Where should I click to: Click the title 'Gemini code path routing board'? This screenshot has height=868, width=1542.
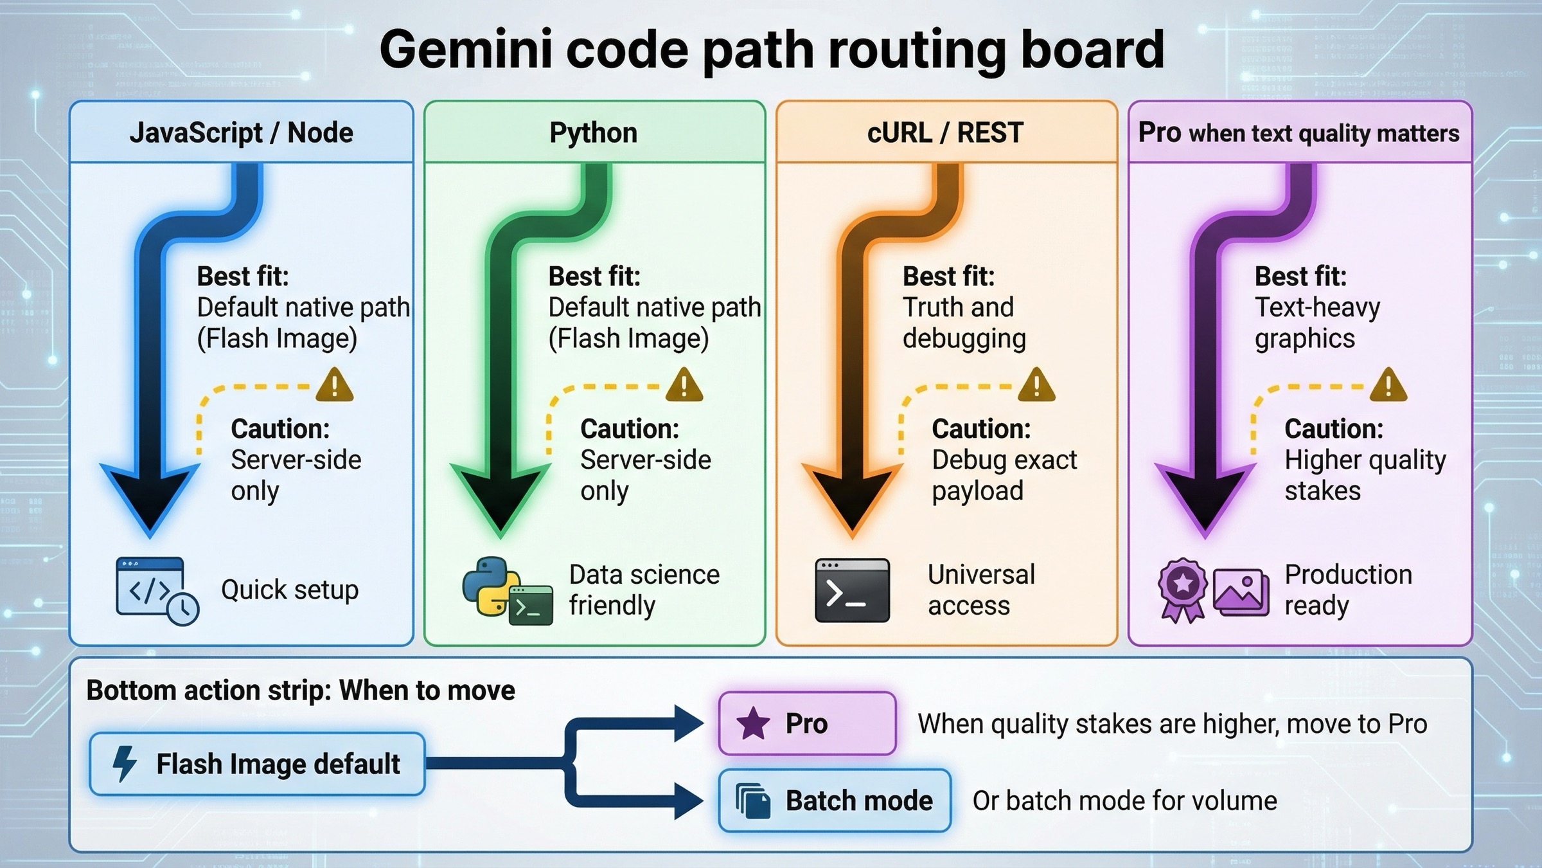tap(771, 50)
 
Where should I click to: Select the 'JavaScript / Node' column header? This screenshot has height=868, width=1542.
tap(241, 133)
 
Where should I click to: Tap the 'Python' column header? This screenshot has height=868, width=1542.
tap(593, 133)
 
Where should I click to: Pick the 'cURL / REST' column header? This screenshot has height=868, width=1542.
tap(945, 133)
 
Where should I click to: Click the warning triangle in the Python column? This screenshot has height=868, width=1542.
tap(684, 386)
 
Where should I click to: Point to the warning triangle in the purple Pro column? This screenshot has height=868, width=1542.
tap(1388, 386)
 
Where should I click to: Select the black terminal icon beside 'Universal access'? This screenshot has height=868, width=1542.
tap(852, 590)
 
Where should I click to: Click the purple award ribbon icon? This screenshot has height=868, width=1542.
tap(1183, 588)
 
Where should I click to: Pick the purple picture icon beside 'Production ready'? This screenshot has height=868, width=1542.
tap(1241, 592)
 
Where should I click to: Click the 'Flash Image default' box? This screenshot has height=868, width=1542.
tap(257, 764)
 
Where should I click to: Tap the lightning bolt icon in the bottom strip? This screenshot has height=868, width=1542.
tap(125, 764)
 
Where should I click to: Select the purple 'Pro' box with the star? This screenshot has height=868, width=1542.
tap(807, 723)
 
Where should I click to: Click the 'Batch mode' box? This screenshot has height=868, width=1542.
tap(834, 800)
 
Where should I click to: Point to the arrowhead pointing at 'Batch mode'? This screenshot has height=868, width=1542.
tap(689, 801)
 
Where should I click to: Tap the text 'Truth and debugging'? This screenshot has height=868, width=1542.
tap(964, 323)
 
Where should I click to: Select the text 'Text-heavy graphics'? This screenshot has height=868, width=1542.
tap(1316, 323)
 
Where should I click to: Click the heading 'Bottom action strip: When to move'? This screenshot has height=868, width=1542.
tap(301, 691)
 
